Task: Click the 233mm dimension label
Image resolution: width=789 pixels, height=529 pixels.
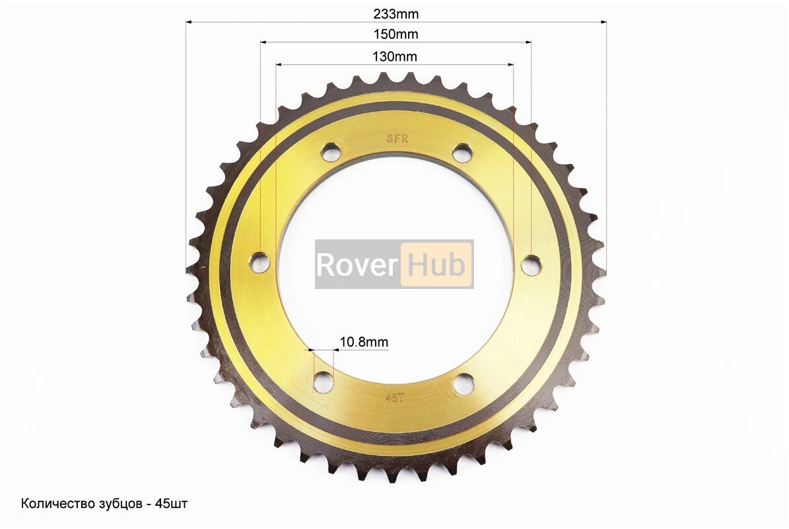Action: point(395,14)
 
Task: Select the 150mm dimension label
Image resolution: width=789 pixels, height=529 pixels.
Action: point(395,34)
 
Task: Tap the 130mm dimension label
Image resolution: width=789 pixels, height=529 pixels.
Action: point(395,56)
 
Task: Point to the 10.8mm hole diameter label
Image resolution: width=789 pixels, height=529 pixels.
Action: point(364,342)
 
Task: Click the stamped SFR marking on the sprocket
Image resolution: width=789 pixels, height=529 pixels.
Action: point(397,139)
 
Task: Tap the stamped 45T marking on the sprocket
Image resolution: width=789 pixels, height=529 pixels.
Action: point(395,397)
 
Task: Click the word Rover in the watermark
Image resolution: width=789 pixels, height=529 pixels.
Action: point(357,264)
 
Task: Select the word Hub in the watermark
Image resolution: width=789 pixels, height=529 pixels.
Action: point(436,264)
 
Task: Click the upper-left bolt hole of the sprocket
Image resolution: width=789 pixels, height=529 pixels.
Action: point(331,151)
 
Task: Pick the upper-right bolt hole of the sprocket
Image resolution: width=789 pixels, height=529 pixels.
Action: point(462,152)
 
